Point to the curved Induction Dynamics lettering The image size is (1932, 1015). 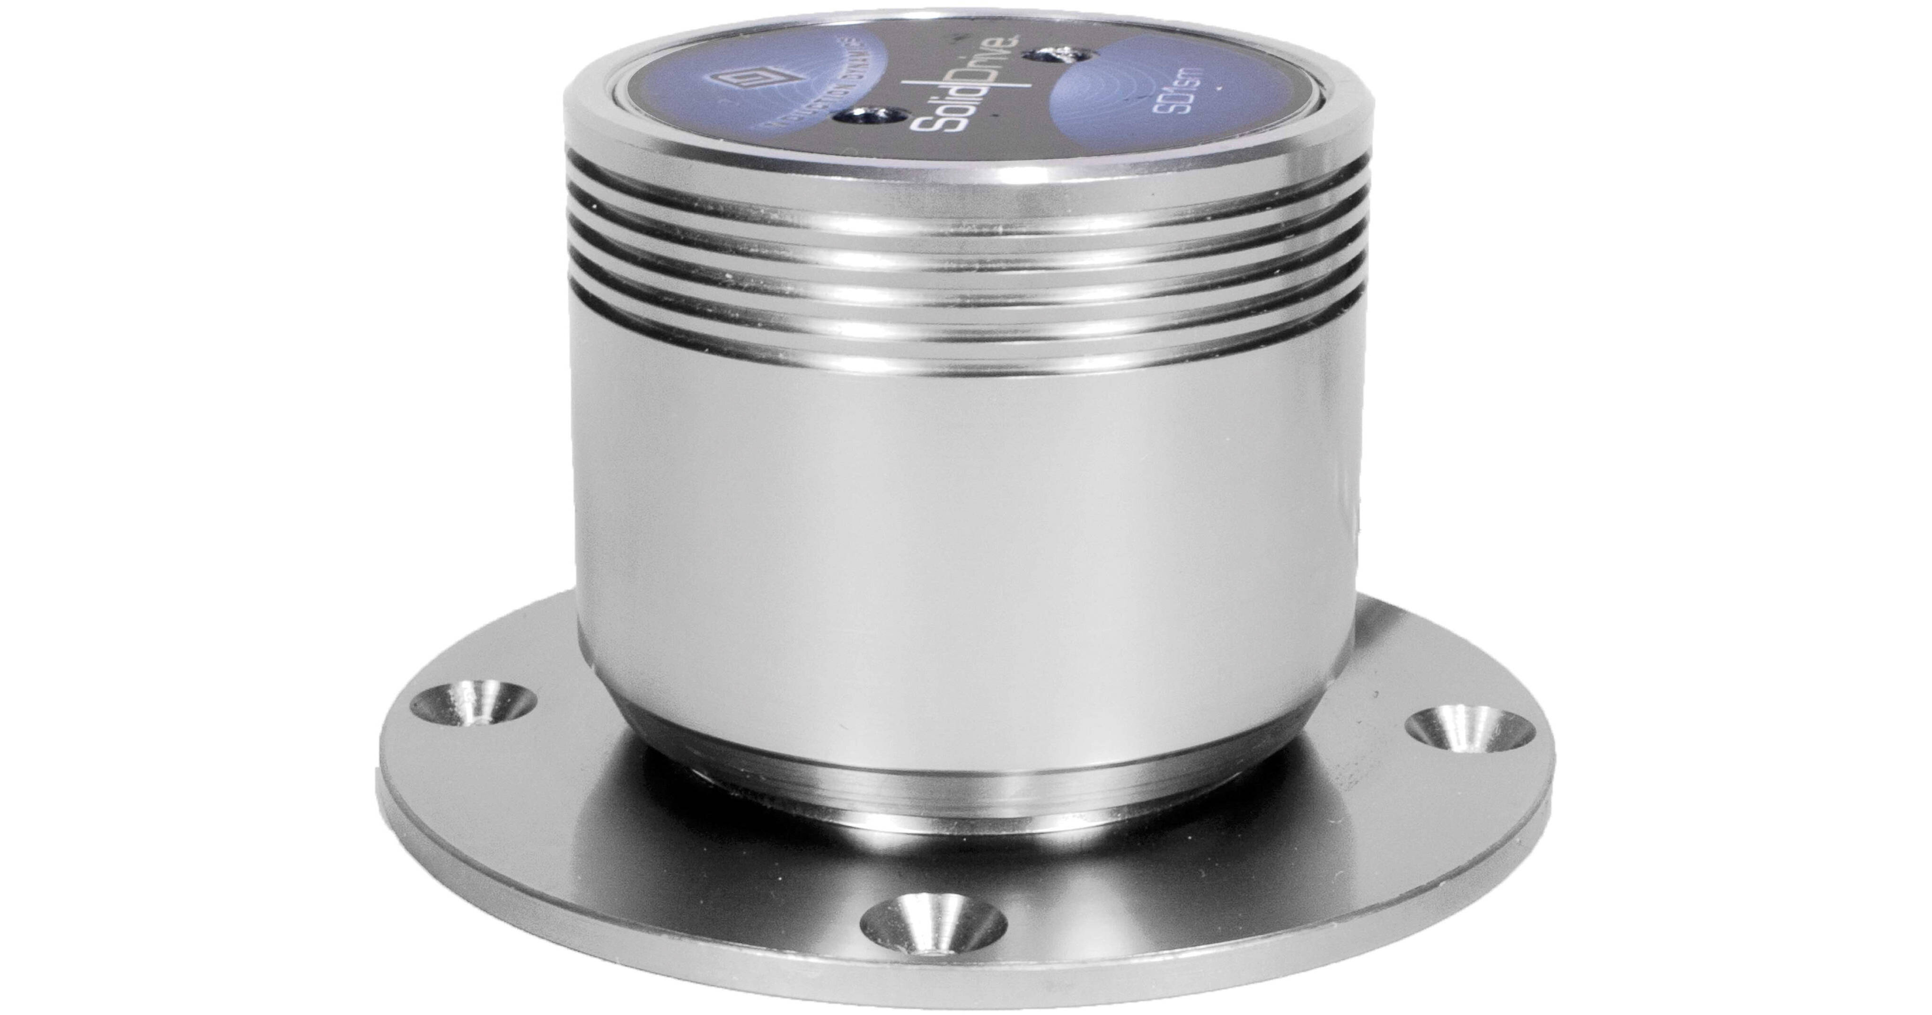(806, 120)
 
